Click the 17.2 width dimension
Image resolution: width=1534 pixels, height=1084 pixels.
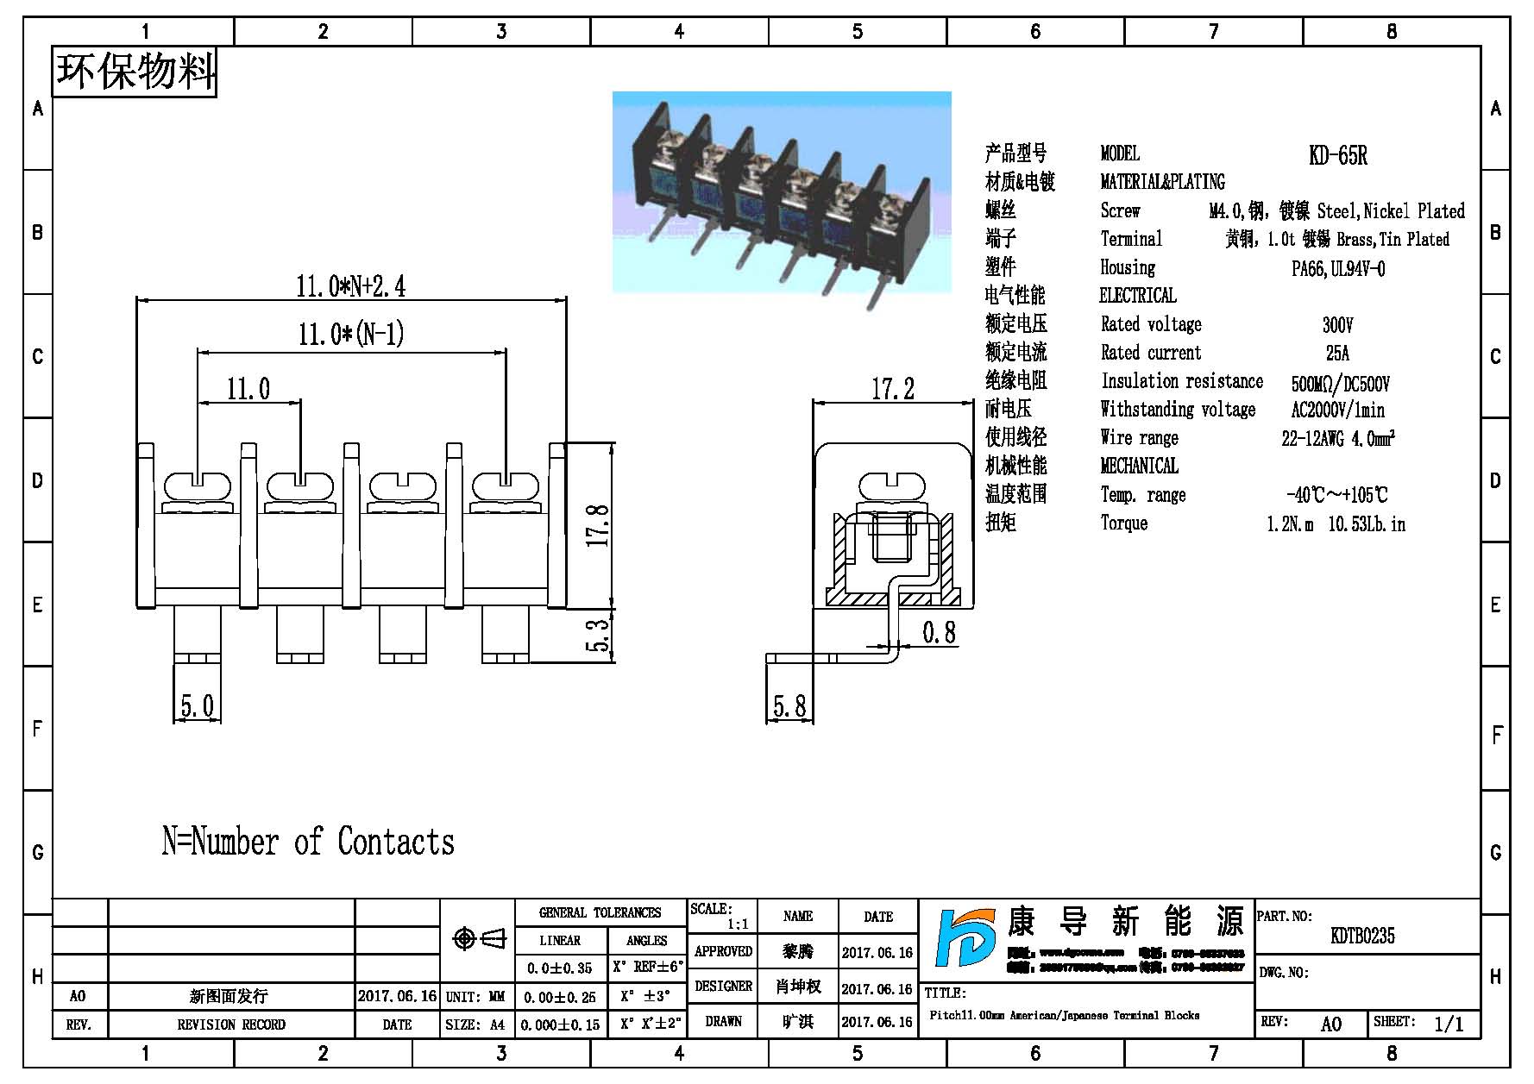point(892,389)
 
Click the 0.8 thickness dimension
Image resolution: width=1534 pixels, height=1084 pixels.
point(939,633)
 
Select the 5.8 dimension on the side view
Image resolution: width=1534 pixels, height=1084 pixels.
point(789,707)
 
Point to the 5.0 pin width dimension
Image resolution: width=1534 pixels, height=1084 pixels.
point(197,706)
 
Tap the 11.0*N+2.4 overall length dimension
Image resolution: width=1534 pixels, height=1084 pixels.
point(350,285)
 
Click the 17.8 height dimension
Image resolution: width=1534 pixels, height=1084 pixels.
point(598,525)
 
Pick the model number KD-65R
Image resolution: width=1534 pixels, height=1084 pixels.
point(1337,155)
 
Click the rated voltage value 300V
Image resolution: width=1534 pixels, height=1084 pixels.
point(1337,325)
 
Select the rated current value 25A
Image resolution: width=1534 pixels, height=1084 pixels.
point(1337,353)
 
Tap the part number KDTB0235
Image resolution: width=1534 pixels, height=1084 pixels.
point(1362,936)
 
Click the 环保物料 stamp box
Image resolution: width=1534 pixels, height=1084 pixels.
point(135,72)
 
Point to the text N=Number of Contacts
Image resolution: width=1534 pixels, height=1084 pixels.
point(308,842)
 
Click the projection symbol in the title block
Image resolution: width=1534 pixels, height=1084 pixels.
point(479,938)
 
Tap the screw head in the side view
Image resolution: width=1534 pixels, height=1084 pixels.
point(892,486)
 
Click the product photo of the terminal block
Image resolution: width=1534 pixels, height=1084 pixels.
point(782,191)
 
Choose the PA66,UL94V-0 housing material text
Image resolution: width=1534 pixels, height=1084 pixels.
point(1337,269)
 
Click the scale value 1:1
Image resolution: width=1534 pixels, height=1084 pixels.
point(738,924)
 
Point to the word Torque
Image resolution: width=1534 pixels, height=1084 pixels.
point(1123,523)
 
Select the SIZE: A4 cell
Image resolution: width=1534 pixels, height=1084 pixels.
point(475,1024)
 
